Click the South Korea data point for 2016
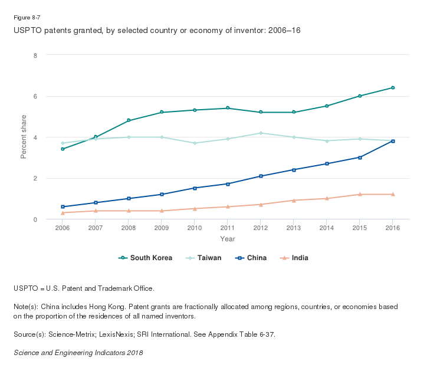[393, 88]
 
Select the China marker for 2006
[63, 207]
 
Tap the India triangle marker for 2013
[294, 200]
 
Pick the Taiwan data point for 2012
[261, 133]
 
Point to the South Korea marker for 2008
[129, 120]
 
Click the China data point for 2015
[360, 157]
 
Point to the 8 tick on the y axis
[35, 55]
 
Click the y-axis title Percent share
[24, 137]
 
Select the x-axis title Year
[228, 239]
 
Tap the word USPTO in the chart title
[24, 30]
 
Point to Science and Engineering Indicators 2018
[78, 353]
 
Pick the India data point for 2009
[162, 211]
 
